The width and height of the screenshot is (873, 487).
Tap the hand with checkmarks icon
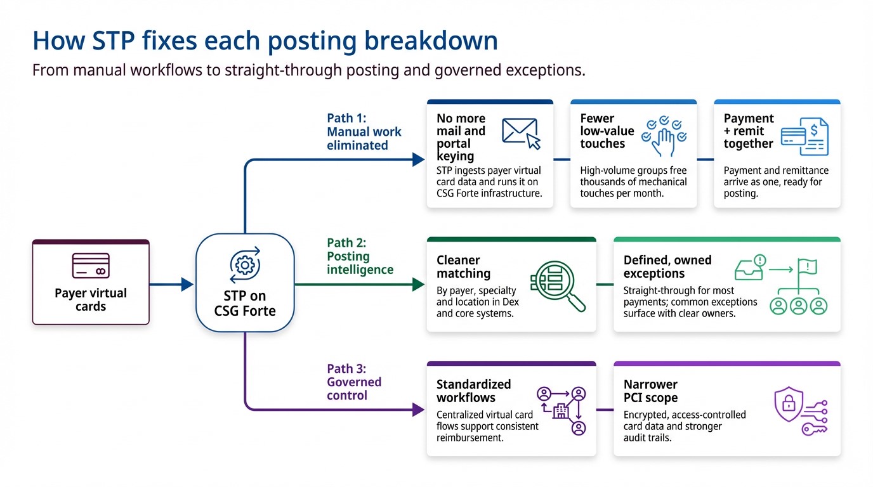click(x=664, y=136)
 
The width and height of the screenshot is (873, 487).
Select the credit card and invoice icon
click(x=804, y=136)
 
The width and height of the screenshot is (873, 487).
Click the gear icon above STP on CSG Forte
click(x=245, y=264)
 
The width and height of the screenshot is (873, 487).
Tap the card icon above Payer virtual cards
click(x=91, y=266)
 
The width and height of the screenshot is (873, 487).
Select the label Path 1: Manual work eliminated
click(x=364, y=131)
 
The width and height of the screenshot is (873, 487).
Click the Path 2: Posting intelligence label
click(x=360, y=256)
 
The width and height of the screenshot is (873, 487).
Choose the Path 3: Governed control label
click(x=354, y=382)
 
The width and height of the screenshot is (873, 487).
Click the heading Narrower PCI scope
click(x=650, y=391)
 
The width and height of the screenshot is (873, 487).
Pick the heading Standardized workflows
click(x=473, y=391)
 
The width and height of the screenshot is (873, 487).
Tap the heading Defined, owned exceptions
click(x=667, y=267)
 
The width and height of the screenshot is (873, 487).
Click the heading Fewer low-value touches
click(x=607, y=131)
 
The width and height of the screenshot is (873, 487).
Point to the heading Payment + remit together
click(x=749, y=131)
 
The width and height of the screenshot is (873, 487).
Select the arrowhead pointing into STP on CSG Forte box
click(x=187, y=285)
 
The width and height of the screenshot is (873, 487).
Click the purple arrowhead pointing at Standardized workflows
click(x=418, y=410)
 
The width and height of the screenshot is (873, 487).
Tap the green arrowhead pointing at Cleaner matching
click(x=418, y=285)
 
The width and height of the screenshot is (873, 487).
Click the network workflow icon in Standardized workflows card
click(x=561, y=410)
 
